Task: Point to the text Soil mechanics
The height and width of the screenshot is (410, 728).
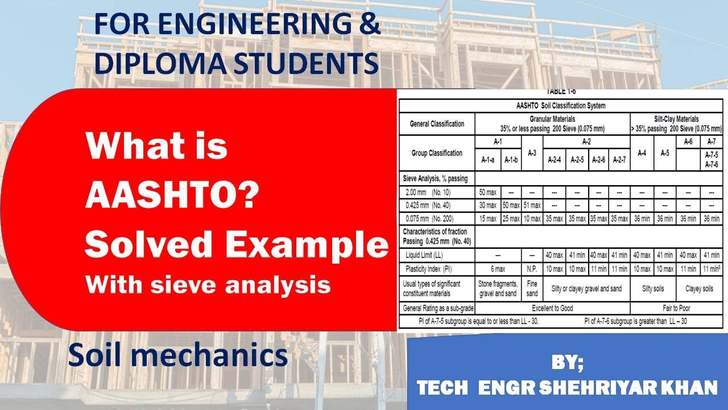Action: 177,356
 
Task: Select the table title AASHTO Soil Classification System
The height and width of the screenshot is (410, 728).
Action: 560,105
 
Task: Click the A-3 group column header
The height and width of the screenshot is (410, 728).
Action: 532,153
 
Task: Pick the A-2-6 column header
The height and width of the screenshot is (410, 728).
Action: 598,160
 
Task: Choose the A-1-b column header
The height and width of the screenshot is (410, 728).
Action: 510,160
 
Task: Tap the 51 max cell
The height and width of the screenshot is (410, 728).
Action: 532,205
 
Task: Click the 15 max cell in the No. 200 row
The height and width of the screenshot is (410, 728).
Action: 488,219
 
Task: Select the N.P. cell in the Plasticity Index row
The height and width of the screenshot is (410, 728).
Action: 532,269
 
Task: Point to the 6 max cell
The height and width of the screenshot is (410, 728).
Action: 498,269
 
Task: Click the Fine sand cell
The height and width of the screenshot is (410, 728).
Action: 532,289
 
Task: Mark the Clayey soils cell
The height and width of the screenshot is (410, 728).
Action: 699,289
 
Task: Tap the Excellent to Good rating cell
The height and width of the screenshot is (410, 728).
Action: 552,308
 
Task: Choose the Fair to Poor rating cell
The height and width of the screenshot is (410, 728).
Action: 676,308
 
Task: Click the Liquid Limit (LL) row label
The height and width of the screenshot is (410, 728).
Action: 424,255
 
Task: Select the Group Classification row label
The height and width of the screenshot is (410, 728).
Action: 437,153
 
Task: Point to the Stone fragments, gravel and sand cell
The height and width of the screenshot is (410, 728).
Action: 498,289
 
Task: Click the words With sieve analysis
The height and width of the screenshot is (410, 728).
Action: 208,285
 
